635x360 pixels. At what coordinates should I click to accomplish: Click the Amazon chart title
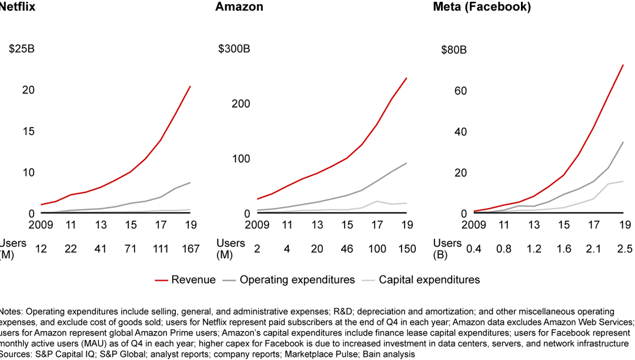point(239,8)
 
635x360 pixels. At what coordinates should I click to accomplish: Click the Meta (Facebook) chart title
point(482,8)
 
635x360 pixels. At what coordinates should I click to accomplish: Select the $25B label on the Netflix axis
point(22,49)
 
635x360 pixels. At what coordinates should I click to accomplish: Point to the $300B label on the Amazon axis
point(234,49)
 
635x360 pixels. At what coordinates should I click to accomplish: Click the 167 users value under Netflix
point(190,249)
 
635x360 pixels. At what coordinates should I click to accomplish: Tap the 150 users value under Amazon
point(407,249)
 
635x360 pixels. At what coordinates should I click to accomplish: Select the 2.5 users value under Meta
point(624,249)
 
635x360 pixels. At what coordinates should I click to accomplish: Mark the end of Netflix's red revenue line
point(190,86)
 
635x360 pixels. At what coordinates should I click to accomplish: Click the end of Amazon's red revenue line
point(407,78)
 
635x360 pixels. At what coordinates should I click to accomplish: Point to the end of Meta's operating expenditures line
point(623,142)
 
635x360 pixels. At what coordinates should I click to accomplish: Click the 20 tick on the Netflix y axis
point(29,90)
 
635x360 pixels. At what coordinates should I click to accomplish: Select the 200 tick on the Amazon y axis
point(242,104)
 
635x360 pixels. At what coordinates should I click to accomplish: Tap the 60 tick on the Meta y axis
point(460,91)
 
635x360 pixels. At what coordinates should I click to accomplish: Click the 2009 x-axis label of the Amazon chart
point(257,225)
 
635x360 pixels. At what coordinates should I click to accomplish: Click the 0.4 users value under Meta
point(473,249)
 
